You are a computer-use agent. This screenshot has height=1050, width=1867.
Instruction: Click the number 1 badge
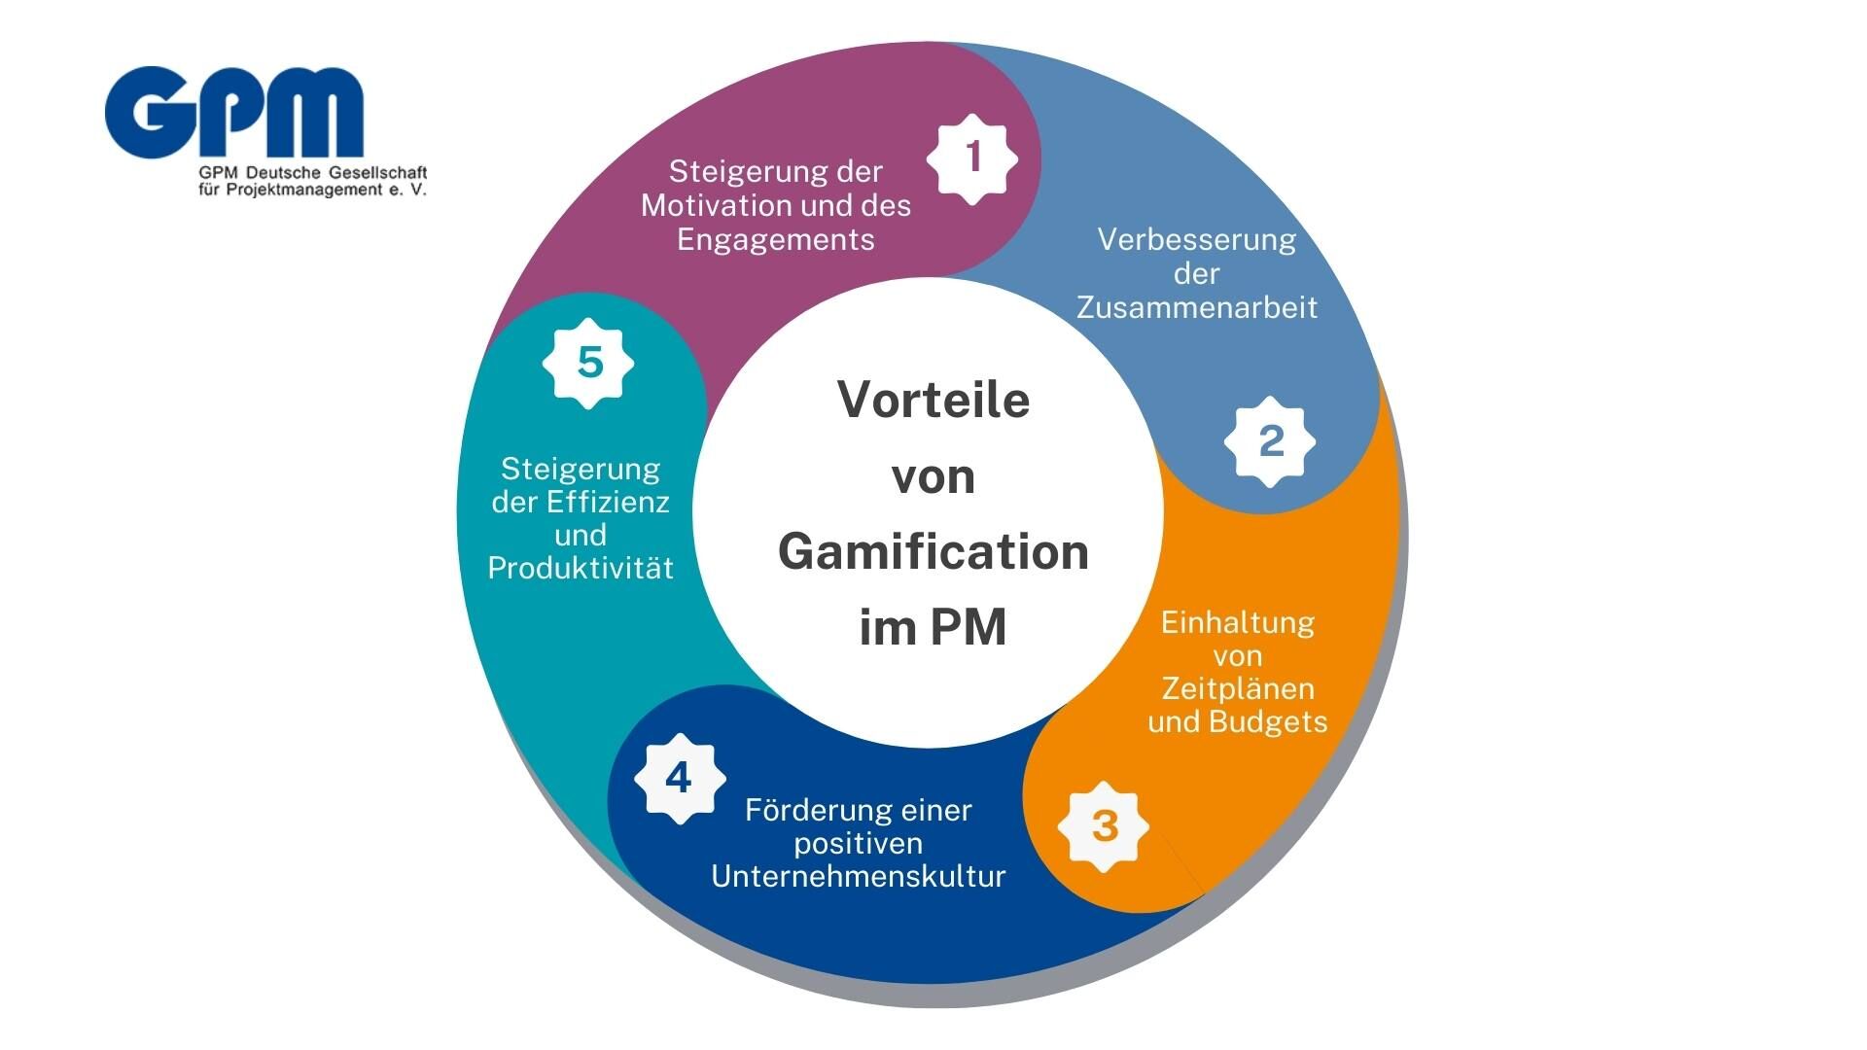[x=972, y=158]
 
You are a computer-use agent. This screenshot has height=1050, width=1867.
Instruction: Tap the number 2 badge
[x=1270, y=441]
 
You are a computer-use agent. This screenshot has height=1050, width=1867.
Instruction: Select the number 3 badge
[x=1104, y=826]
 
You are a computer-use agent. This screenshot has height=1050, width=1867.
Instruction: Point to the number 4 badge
[x=679, y=778]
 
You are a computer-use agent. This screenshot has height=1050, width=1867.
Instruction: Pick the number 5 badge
[x=588, y=363]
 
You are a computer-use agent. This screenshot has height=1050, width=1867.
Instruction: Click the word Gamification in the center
[x=933, y=552]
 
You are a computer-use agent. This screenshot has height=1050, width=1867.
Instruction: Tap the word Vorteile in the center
[x=933, y=400]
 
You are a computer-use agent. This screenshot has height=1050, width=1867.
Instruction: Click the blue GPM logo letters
[x=234, y=112]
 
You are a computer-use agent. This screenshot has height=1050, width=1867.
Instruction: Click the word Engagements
[x=776, y=240]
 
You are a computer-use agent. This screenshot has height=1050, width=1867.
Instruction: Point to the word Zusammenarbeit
[x=1197, y=308]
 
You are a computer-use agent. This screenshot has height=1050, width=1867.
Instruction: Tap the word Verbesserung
[x=1197, y=240]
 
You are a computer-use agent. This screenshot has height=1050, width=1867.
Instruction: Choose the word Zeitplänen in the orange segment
[x=1238, y=689]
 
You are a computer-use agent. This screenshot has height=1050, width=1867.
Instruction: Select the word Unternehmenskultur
[x=859, y=877]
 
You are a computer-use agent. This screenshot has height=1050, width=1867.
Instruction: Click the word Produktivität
[x=581, y=569]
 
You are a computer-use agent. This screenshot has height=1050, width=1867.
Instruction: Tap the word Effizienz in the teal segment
[x=608, y=503]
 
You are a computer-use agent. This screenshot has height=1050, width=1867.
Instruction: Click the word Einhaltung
[x=1238, y=623]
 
